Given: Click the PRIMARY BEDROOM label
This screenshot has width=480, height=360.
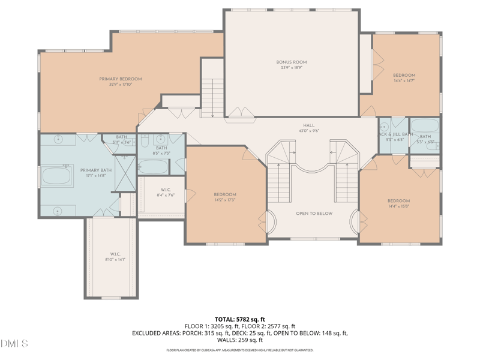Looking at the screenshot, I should (121, 82).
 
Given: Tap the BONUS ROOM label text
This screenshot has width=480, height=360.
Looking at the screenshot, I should (292, 65).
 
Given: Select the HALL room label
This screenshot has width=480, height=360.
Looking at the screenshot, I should (308, 128).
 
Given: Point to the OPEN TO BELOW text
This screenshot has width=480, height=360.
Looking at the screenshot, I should (314, 214).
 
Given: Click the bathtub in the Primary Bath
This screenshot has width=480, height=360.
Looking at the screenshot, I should (57, 176).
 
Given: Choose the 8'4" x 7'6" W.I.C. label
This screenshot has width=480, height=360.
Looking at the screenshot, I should (165, 193).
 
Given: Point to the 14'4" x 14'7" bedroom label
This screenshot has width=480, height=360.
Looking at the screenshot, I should (404, 78).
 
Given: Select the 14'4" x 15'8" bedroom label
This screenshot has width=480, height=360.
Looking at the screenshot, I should (398, 203).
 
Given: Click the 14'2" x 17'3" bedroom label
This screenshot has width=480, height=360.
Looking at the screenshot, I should (225, 197).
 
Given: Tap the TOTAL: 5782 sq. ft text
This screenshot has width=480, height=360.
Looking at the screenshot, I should (239, 319).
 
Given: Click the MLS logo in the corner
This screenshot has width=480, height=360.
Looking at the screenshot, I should (14, 344).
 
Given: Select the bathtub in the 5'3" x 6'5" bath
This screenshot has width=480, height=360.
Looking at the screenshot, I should (425, 126).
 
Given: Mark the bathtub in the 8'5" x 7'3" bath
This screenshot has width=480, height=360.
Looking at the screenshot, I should (152, 166).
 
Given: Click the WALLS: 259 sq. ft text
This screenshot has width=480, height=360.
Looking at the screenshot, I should (239, 340).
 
